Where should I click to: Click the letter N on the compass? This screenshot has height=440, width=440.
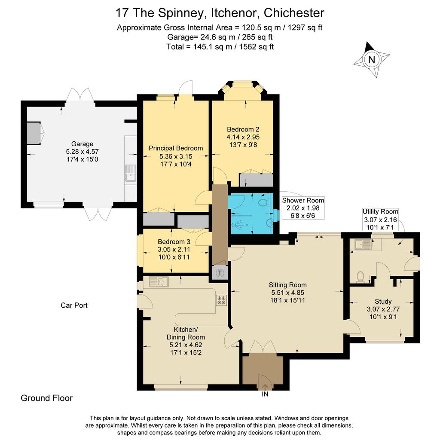[372, 59]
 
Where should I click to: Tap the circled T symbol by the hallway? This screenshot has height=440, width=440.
[220, 273]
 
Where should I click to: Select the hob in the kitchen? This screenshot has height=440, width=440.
[221, 300]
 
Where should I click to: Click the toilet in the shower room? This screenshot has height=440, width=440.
[264, 202]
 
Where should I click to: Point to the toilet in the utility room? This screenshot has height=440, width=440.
[361, 277]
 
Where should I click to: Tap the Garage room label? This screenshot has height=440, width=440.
[82, 144]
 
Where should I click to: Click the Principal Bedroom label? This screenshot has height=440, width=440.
[176, 148]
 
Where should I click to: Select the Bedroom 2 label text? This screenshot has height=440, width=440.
[243, 129]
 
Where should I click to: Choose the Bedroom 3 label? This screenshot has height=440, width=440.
[174, 241]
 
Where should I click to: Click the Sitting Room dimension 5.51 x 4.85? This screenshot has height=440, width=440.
[287, 292]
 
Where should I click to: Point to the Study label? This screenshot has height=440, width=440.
[383, 301]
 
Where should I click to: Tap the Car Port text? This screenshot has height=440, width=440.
[74, 306]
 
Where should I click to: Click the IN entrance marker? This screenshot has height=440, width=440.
[265, 394]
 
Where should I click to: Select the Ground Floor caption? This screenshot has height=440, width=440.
[46, 398]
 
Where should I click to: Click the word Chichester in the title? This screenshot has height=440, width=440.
[294, 13]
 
